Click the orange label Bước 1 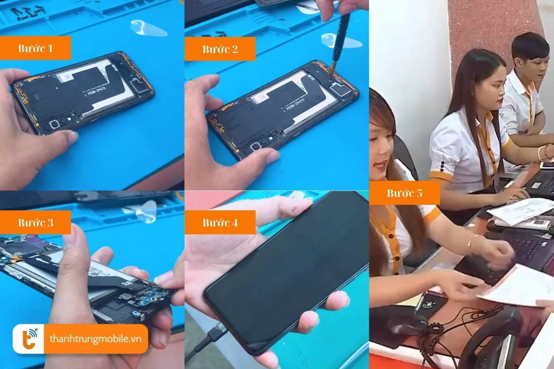tap(36, 48)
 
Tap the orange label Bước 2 tap(220, 49)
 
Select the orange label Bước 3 tap(36, 222)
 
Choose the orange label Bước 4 tap(220, 222)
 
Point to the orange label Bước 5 tap(404, 193)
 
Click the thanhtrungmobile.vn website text tap(98, 339)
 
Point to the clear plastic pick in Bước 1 tap(148, 29)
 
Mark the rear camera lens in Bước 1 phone tap(54, 124)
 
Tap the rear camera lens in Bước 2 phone tap(254, 146)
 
